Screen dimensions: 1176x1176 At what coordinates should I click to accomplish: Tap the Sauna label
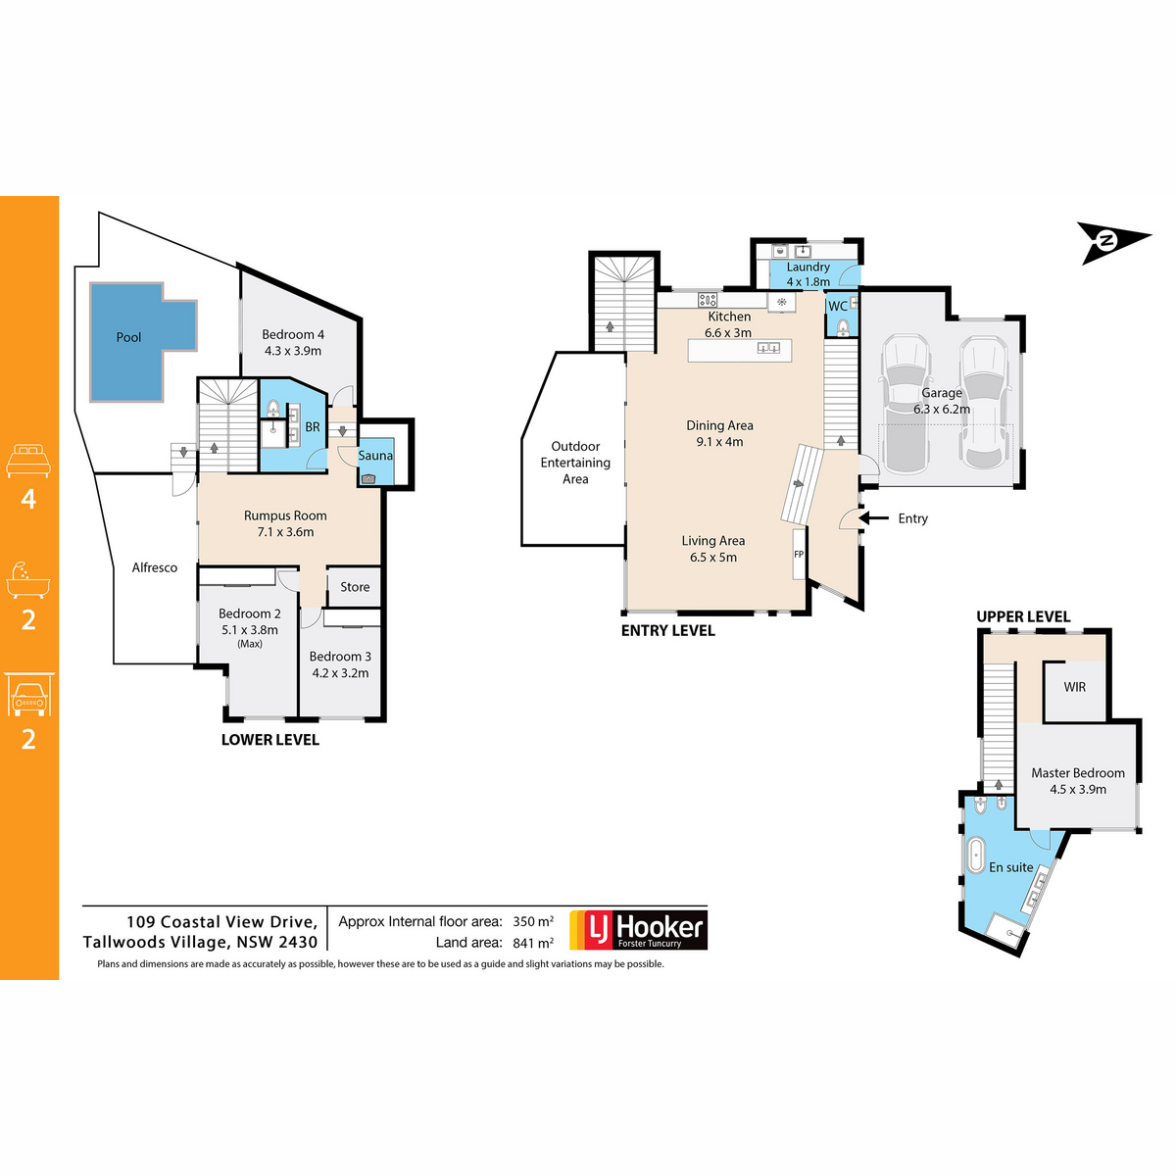tap(374, 456)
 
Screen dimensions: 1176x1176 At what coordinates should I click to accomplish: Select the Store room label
tap(355, 586)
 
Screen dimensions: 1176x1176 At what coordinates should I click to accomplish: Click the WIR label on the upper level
tap(1074, 687)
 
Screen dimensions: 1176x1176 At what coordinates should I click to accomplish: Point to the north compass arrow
tap(1112, 242)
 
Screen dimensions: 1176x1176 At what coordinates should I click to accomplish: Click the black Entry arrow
tap(873, 518)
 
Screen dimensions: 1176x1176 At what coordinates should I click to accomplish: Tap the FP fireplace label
tap(799, 554)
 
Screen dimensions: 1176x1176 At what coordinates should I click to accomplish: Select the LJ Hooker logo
tap(638, 930)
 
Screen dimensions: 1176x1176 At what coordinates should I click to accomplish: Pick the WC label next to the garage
tap(837, 307)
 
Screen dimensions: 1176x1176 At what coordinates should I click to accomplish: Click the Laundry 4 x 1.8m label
tap(808, 274)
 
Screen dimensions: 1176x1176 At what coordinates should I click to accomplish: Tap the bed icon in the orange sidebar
tap(28, 461)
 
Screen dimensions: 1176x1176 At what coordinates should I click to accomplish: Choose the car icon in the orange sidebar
tap(28, 695)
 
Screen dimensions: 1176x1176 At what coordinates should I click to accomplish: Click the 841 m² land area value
tap(533, 943)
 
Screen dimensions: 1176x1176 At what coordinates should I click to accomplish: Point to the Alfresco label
tap(155, 567)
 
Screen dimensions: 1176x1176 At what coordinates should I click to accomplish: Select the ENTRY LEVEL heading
tap(667, 630)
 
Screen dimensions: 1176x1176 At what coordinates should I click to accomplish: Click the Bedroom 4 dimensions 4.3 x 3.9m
tap(293, 351)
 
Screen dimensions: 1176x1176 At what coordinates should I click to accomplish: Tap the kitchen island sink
tap(768, 348)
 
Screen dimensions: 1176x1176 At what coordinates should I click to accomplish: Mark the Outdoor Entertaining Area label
tap(575, 463)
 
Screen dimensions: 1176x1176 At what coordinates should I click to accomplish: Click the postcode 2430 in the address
tap(298, 942)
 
